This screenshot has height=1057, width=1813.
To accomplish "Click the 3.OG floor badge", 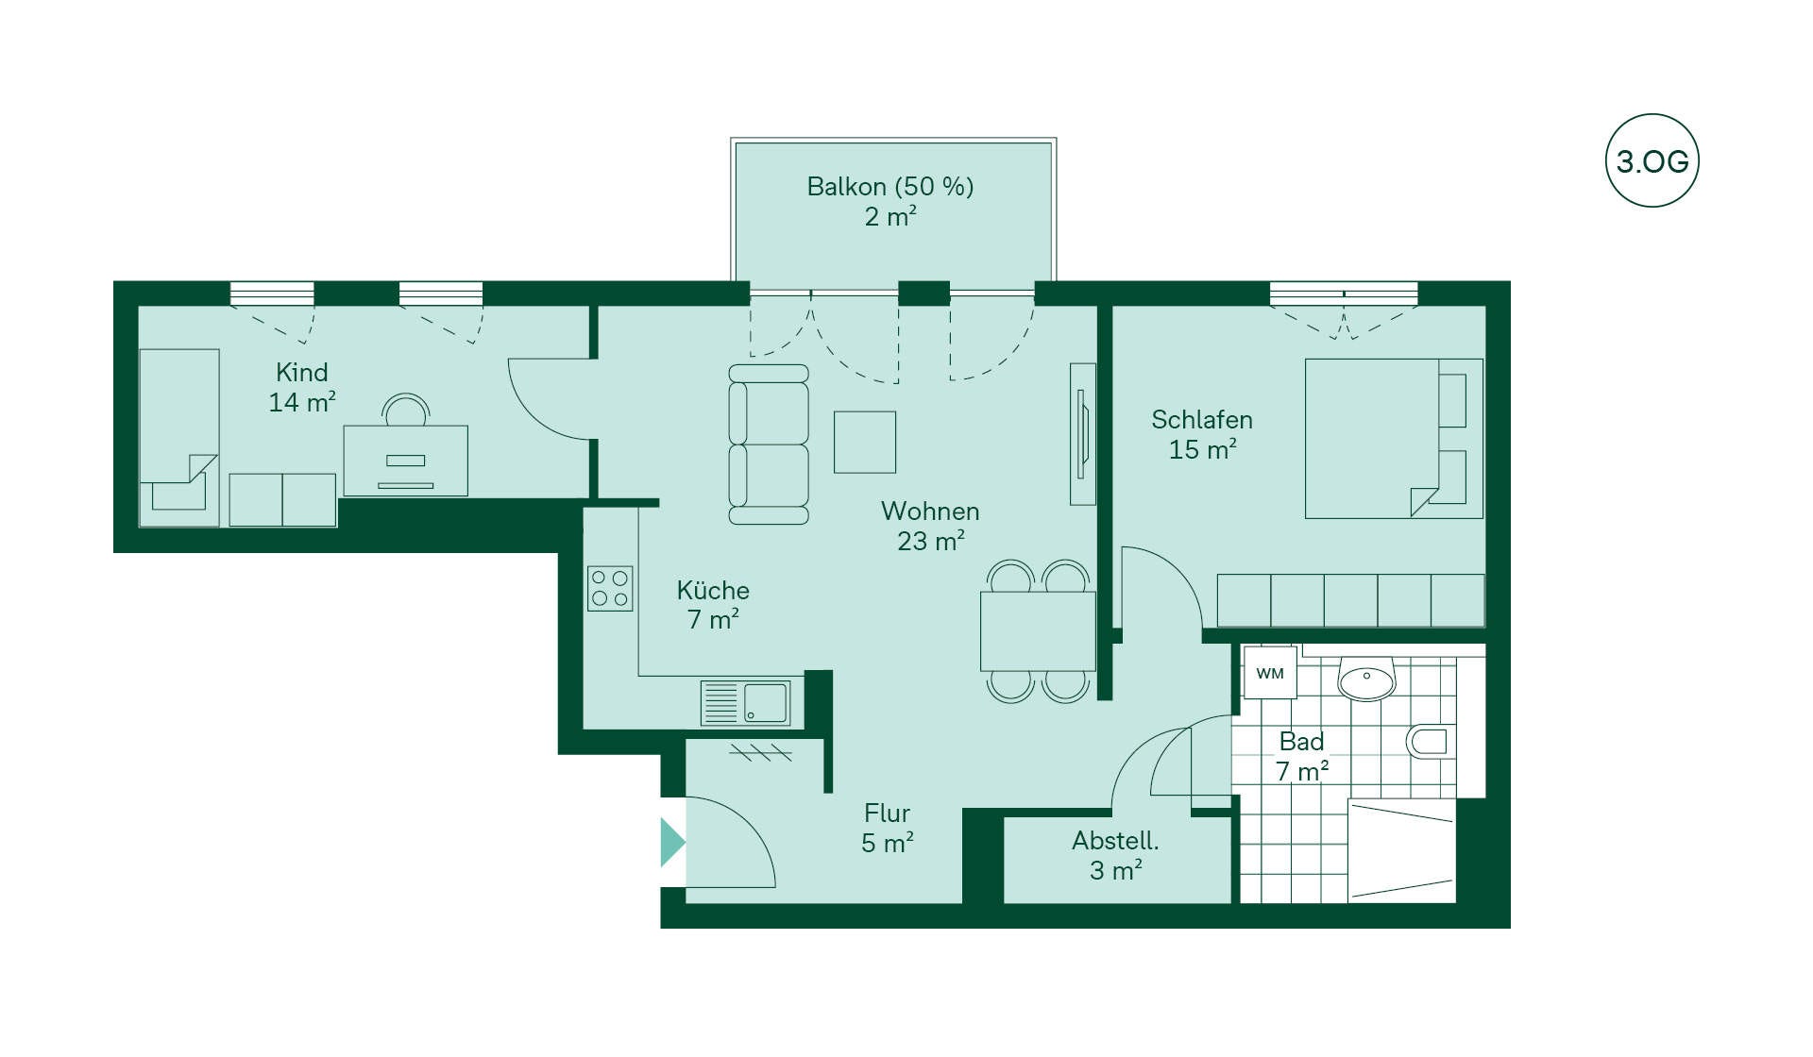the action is (1652, 160).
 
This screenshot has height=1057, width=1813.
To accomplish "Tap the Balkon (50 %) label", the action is (890, 187).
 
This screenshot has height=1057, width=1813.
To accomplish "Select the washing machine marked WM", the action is (1270, 673).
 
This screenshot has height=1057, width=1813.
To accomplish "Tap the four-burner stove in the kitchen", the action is (610, 588).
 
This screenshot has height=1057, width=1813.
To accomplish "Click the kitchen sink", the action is (746, 703).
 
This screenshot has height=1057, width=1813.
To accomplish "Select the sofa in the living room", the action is (769, 445).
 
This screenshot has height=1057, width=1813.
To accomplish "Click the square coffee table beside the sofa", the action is (864, 442).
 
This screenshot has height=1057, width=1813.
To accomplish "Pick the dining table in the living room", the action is (1038, 631).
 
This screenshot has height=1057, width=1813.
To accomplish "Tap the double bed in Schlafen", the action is (1394, 438).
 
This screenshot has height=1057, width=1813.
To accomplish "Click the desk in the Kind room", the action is (405, 461).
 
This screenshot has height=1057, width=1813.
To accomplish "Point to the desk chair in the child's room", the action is (406, 411).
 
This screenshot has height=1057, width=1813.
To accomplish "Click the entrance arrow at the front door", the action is (672, 842).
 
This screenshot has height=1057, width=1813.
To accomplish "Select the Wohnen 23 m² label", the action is (930, 526).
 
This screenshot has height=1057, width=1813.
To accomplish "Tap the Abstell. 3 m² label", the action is (1115, 855).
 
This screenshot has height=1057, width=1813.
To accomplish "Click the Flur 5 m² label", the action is (887, 828).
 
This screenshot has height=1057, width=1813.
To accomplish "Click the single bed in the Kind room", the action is (179, 438).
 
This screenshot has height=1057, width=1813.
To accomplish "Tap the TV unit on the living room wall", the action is (1083, 434).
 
